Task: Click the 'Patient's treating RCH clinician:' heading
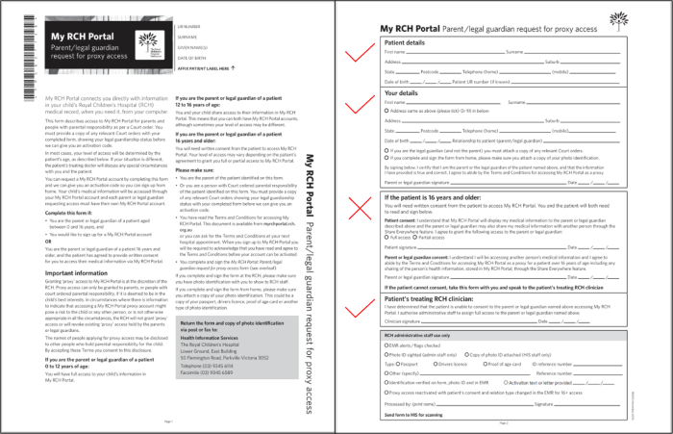coord(432,299)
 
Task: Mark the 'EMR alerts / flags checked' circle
coord(386,345)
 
